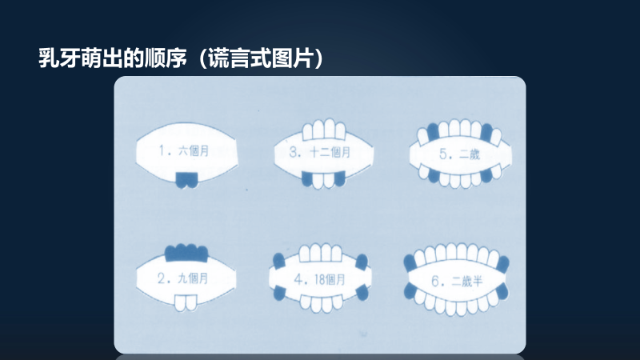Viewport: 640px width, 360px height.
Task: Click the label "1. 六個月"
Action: tap(184, 150)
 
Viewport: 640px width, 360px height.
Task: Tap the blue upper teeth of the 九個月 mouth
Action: tap(186, 253)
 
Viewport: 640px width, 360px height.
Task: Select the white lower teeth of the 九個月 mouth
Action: tap(186, 302)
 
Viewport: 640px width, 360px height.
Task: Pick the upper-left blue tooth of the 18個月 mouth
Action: tap(279, 262)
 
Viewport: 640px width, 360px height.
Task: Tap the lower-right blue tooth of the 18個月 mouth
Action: tap(362, 293)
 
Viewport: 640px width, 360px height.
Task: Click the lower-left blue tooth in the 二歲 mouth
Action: tap(433, 175)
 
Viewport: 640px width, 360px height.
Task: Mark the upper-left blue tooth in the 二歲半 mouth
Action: tap(412, 262)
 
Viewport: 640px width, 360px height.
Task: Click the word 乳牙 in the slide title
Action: tap(56, 59)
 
